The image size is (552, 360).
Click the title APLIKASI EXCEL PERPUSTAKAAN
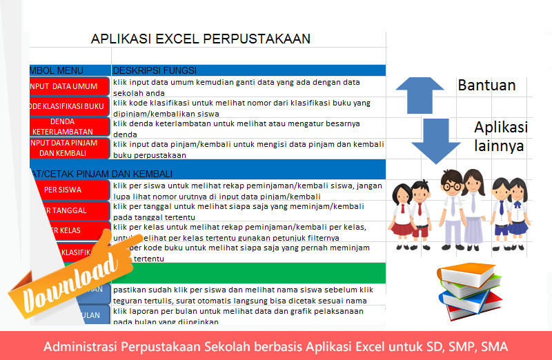point(200,39)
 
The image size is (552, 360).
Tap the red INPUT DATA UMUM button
point(69,86)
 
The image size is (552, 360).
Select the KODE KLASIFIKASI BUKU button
point(69,106)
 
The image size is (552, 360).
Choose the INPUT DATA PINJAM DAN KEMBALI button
point(69,148)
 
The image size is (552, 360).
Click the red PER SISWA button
point(69,189)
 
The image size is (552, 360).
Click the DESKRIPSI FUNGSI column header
point(155,70)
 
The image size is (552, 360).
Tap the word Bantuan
point(486,86)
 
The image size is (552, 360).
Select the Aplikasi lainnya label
point(500,137)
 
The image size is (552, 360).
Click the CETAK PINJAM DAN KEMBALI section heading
point(103,173)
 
